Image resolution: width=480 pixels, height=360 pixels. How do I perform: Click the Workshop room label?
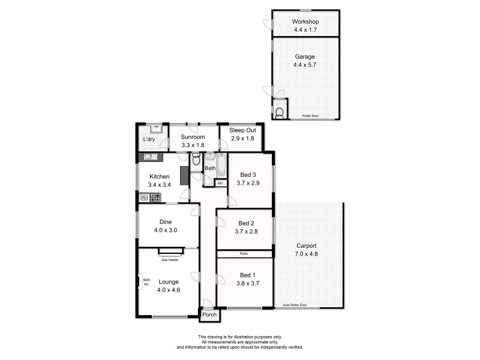coord(305,22)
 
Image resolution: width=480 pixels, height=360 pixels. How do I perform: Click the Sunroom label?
coord(193,137)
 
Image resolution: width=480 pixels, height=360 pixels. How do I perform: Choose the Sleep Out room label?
coord(242,130)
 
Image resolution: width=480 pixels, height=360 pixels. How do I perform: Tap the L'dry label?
coord(149,140)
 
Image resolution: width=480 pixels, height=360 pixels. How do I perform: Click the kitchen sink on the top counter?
coord(149,157)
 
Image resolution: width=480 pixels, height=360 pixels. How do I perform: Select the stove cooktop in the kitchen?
coord(147,197)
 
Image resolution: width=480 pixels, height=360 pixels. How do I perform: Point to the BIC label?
coord(220,182)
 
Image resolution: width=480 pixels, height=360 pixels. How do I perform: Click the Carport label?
coord(306,246)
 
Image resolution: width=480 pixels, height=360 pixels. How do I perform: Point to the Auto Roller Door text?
coord(295,305)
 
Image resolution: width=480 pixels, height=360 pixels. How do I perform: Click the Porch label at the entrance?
coord(209,314)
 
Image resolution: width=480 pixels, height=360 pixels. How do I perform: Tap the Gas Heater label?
coord(169,260)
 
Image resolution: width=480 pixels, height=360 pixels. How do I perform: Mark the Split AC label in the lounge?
coord(146,282)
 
